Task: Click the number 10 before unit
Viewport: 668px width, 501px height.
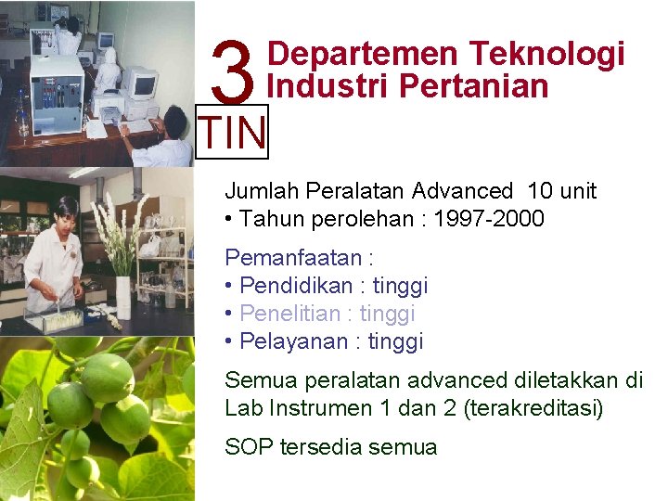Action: [x=539, y=191]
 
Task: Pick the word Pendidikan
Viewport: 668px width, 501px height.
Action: [x=291, y=285]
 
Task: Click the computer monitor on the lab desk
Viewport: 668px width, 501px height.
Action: [x=139, y=85]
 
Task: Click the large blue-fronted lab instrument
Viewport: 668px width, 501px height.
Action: [x=56, y=93]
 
